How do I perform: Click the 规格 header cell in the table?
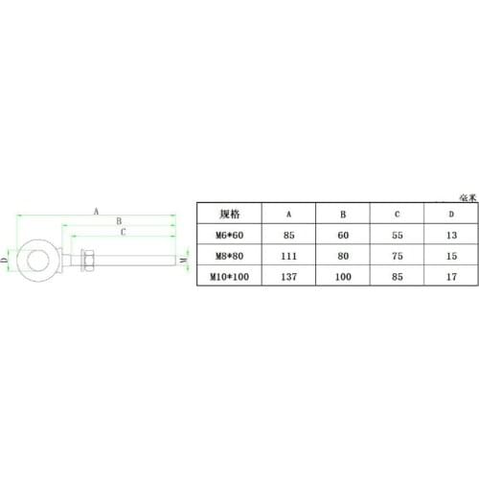230,215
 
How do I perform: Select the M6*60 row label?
230,234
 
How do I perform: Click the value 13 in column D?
452,234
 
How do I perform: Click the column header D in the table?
452,215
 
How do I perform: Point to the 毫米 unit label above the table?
468,195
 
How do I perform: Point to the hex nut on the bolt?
87,259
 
